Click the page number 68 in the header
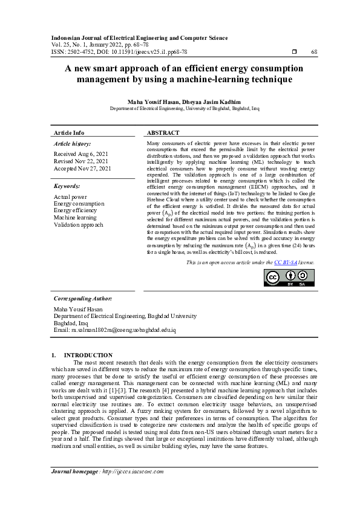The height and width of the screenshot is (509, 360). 314,53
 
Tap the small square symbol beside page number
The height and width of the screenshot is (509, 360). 295,53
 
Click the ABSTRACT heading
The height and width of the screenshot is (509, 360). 163,133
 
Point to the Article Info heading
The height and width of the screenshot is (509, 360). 69,133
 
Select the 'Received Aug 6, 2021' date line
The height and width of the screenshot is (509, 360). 80,155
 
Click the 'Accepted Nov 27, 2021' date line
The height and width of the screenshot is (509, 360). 82,169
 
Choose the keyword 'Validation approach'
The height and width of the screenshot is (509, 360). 78,225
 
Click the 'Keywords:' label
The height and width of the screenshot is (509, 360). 67,187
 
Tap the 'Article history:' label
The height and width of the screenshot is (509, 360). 71,144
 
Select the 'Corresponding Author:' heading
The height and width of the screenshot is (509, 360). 83,299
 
